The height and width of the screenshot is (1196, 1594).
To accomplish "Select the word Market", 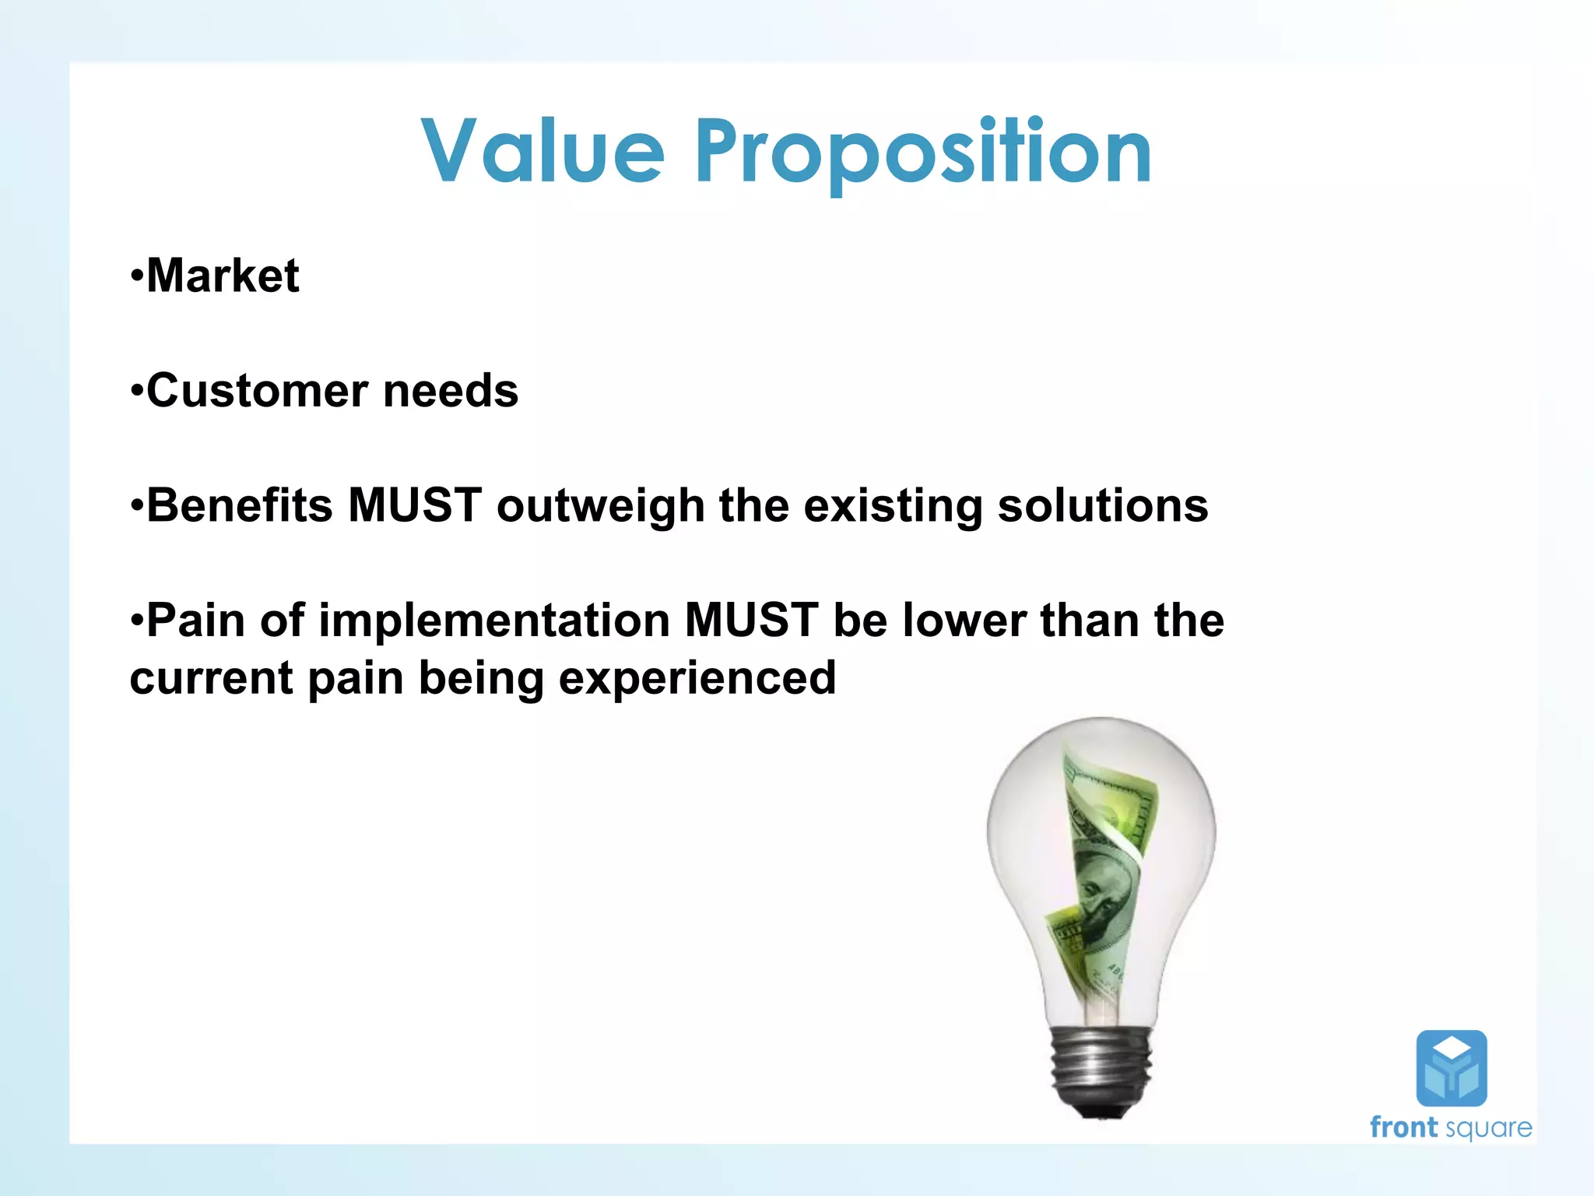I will [223, 276].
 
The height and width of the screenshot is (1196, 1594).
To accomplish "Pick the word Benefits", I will [240, 505].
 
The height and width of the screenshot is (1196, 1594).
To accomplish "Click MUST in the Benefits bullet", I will [414, 505].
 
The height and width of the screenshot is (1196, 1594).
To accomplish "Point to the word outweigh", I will [600, 507].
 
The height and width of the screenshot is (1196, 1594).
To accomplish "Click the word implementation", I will [493, 621].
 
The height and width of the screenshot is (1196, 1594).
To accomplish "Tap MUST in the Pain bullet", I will [751, 621].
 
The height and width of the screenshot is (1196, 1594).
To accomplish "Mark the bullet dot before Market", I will [137, 276].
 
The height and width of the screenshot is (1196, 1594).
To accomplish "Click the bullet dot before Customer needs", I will [137, 390].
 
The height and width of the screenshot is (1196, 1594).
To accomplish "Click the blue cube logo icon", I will [1451, 1068].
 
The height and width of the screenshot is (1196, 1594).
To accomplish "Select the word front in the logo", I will [1403, 1127].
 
